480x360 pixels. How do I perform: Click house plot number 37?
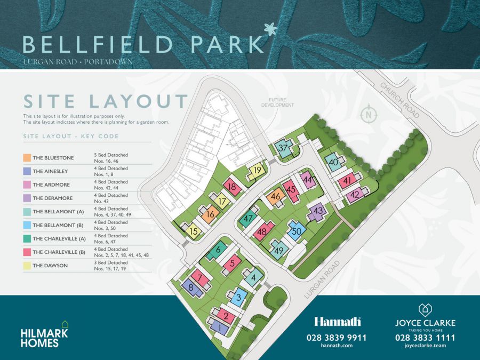[284, 148]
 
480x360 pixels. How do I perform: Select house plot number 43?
[318, 211]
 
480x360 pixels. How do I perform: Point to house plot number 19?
[257, 171]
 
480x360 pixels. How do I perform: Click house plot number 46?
[276, 197]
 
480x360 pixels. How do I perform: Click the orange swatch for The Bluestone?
[27, 158]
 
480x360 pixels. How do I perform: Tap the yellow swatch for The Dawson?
[27, 265]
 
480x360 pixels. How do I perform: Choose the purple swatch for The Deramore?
[27, 198]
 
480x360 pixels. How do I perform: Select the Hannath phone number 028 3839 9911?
[337, 337]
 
